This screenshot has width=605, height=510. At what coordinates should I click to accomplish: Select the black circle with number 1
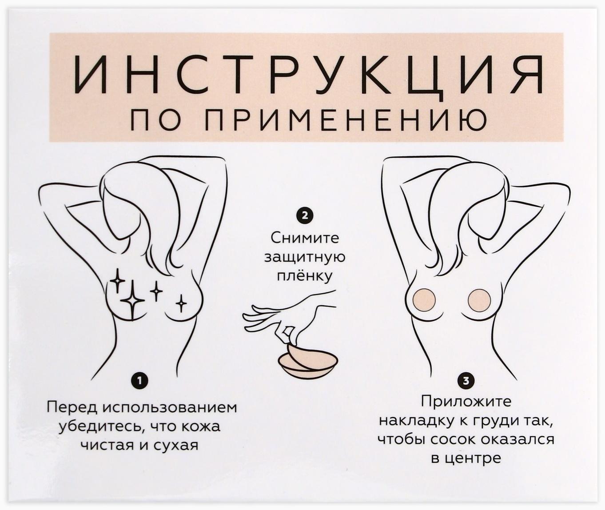[x=139, y=380]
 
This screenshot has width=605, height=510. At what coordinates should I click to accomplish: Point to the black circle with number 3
[x=466, y=381]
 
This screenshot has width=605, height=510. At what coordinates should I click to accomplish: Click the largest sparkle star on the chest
[x=132, y=301]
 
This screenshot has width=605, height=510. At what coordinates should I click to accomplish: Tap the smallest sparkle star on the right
[x=181, y=303]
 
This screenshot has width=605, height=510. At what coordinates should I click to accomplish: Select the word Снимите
[x=305, y=238]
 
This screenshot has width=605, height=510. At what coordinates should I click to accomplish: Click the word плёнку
[x=305, y=276]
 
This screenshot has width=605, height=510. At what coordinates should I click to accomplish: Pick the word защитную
[x=305, y=258]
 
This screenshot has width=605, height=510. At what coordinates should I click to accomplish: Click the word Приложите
[x=466, y=402]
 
